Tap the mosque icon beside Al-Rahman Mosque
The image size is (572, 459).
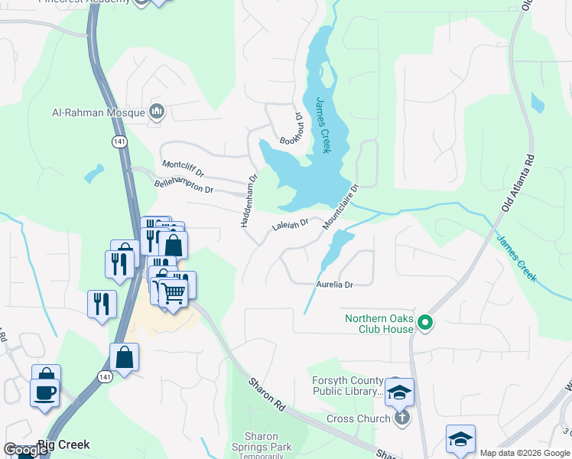(158, 112)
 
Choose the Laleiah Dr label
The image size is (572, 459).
(290, 224)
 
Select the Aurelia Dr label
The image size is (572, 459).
(334, 285)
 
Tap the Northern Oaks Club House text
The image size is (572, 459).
(379, 324)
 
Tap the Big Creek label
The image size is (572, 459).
(64, 444)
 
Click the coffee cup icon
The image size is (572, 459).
(44, 392)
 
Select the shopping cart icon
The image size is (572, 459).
(174, 292)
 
